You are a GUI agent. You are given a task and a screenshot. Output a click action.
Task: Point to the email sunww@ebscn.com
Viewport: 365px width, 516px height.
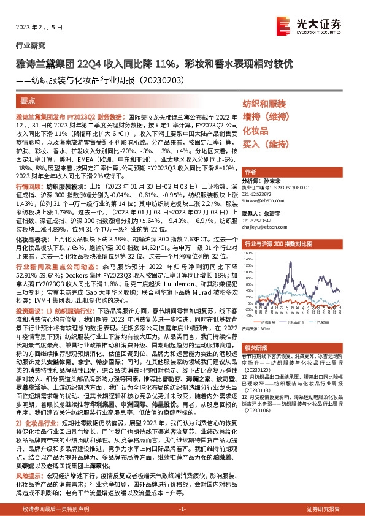pos(260,200)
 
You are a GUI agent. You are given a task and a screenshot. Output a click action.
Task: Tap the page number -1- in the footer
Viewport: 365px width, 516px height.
pos(182,509)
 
